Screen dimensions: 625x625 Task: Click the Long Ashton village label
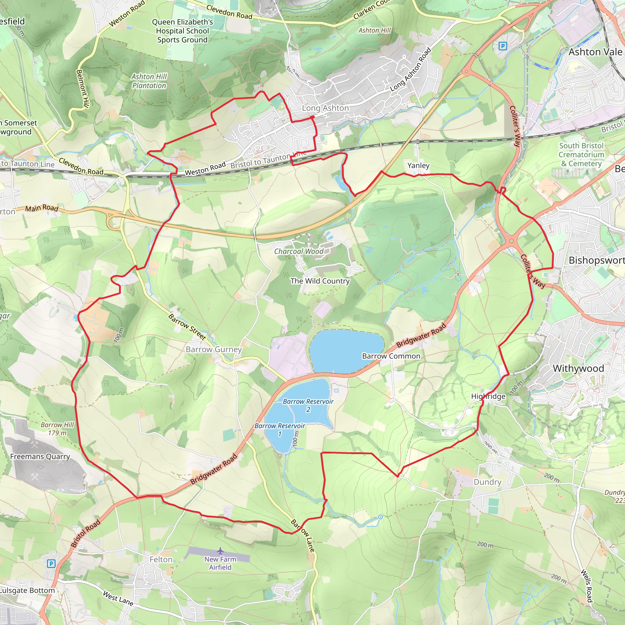325,108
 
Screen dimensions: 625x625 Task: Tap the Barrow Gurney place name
214,349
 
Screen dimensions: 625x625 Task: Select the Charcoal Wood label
298,251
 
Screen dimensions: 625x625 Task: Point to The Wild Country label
320,281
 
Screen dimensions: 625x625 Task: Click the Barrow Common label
391,356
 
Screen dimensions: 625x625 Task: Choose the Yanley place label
418,165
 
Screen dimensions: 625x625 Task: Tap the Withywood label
578,368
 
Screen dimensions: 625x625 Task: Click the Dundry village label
487,482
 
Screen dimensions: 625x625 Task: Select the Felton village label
161,559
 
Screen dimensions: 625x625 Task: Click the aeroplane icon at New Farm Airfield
220,551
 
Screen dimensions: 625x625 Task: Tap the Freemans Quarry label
40,457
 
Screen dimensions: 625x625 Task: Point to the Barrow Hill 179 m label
57,429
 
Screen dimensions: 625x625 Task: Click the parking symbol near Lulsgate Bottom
51,564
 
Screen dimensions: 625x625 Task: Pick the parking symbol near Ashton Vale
503,46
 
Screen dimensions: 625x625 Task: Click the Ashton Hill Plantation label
149,81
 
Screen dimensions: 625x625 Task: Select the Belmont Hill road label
82,88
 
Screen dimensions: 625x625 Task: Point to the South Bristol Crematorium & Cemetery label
581,155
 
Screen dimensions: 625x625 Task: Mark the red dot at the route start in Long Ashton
313,117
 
